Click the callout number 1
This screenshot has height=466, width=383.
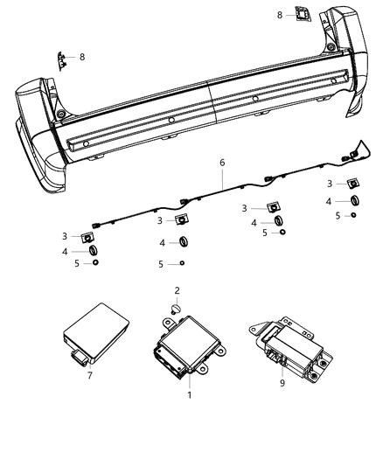[x=190, y=394]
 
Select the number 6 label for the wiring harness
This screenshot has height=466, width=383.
[x=222, y=163]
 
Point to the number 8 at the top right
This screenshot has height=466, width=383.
[x=280, y=15]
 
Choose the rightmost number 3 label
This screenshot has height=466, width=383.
[x=329, y=184]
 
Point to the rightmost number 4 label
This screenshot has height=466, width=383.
[x=329, y=202]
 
